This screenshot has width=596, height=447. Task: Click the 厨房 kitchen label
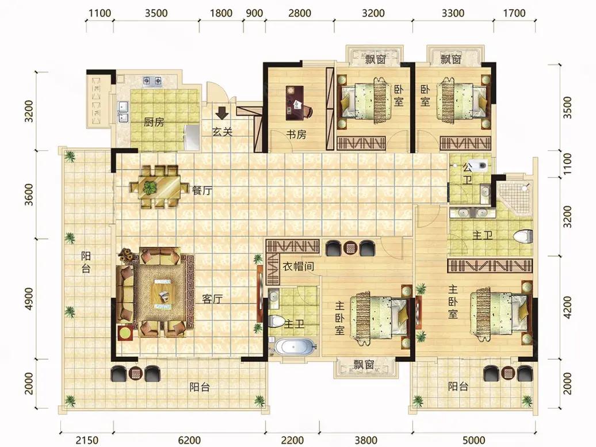coord(154,122)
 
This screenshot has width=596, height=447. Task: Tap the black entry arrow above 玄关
coord(221,112)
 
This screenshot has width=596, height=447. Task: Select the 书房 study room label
coord(296,134)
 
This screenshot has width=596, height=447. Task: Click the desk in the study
coord(295,100)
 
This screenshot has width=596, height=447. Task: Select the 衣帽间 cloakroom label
coord(299,266)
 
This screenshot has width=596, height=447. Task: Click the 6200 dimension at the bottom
coord(189,440)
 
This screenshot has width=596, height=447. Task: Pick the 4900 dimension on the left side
coord(29,299)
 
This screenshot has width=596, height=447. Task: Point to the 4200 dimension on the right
coord(567,308)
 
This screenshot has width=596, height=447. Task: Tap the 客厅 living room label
coord(212,299)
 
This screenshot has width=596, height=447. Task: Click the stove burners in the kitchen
coord(152,80)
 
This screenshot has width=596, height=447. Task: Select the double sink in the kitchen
coord(123,112)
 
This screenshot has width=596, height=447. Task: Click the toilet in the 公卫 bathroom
coord(481,165)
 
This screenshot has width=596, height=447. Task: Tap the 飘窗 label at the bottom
coord(364,365)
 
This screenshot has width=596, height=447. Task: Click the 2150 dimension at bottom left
coord(87,440)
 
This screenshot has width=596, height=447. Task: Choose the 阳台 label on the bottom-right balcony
coord(458,387)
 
